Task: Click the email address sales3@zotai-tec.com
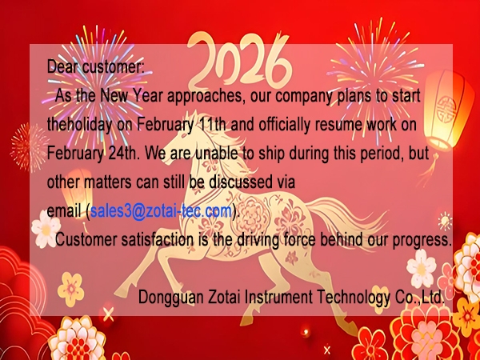click(161, 211)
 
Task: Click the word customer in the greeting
click(118, 67)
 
